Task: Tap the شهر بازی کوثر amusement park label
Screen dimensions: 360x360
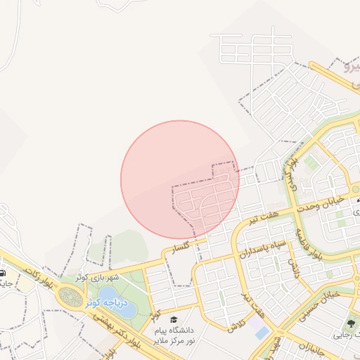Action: pos(98,277)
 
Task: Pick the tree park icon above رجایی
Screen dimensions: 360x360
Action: pos(350,323)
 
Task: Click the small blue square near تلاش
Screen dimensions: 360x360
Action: pos(262,331)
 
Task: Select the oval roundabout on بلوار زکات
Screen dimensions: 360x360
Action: pos(71,297)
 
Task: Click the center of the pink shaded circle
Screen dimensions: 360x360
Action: pos(180,179)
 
